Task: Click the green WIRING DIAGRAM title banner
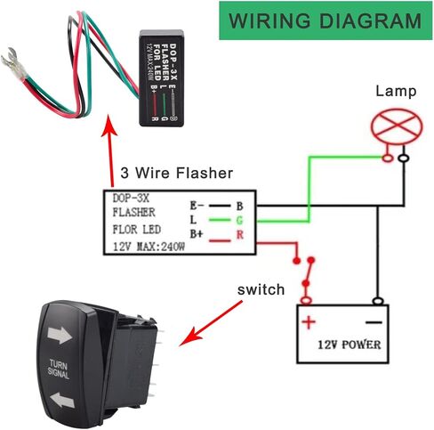tap(325, 20)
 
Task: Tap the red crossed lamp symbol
tap(397, 126)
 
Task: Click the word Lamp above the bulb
tap(396, 91)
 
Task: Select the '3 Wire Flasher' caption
tap(177, 173)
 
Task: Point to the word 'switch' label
tap(261, 289)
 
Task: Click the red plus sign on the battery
tap(309, 322)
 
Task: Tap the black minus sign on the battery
tap(374, 322)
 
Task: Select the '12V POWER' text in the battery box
tap(350, 345)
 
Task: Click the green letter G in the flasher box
tap(239, 220)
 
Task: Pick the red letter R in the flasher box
tap(240, 235)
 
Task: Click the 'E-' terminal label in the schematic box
tap(197, 206)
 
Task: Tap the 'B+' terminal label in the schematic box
tap(197, 234)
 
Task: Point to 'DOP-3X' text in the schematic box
tap(131, 199)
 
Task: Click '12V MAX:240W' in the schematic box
tap(149, 247)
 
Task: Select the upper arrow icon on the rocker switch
tap(60, 336)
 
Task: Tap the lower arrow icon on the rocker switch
tap(62, 400)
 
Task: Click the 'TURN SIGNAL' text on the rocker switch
tap(59, 369)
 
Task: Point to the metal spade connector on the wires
tap(13, 64)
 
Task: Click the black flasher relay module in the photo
tap(162, 78)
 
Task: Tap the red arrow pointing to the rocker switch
tap(211, 323)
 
